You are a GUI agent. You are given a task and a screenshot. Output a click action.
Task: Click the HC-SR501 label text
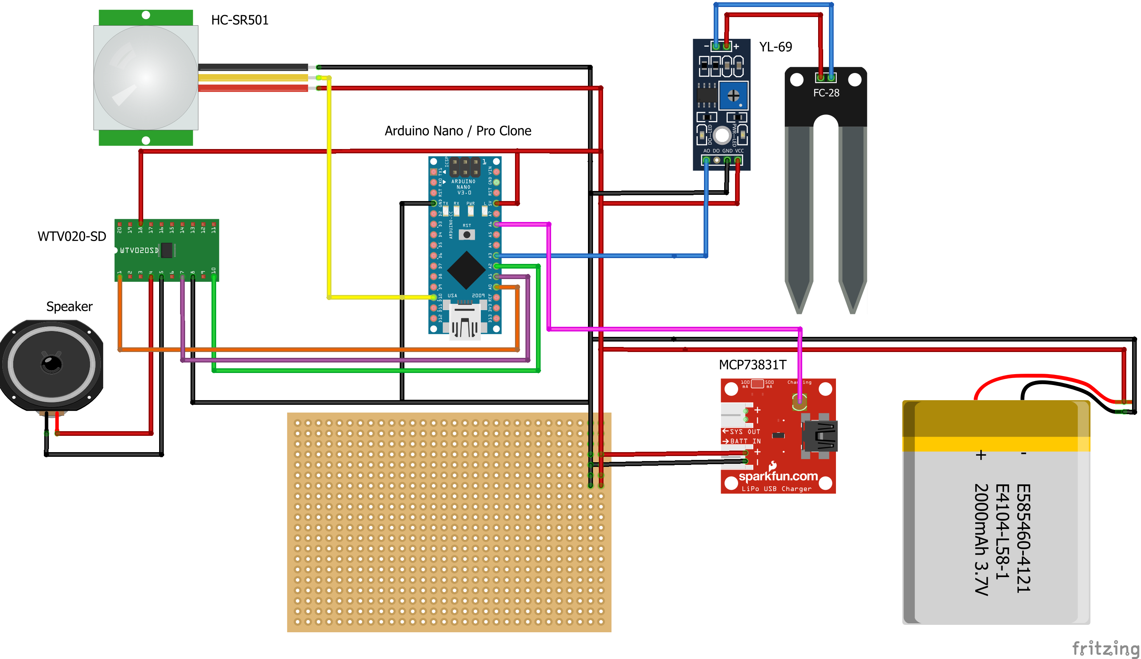pos(239,20)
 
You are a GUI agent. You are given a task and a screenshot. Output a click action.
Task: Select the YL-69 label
pos(775,47)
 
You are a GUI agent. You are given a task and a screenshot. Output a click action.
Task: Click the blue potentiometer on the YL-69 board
pos(733,95)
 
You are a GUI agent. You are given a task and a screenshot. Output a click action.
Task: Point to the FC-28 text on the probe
pos(826,93)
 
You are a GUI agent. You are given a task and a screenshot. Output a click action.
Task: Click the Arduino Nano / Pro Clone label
pos(458,131)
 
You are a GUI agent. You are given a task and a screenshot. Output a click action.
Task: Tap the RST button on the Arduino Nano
pos(466,234)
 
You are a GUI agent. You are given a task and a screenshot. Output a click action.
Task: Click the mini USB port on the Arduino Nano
pos(465,322)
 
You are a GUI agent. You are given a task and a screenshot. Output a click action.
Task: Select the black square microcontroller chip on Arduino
pos(466,270)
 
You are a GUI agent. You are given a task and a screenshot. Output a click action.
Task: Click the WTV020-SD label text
pos(71,237)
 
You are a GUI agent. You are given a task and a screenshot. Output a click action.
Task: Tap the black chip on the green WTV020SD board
pos(167,250)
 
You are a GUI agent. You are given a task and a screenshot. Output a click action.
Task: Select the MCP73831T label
pos(753,365)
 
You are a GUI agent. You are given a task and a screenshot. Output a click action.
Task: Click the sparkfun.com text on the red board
pos(778,476)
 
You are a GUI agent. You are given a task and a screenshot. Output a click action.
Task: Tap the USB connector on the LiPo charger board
pos(819,435)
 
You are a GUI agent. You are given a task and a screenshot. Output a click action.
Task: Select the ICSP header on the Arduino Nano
pos(465,167)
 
